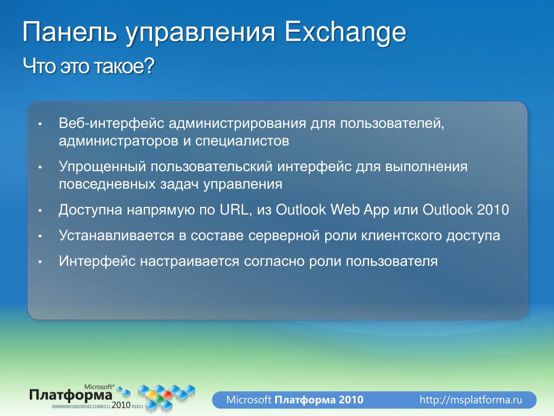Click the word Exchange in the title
[x=345, y=32]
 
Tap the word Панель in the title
[x=69, y=32]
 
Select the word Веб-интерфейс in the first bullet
[x=111, y=123]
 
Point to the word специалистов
[x=242, y=141]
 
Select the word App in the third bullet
[x=376, y=211]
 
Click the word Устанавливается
[x=116, y=236]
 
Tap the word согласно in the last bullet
[x=274, y=262]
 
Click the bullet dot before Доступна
[x=40, y=211]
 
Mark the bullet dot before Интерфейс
[x=40, y=262]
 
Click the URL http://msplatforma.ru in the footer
[x=471, y=400]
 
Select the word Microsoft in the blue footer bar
[x=249, y=400]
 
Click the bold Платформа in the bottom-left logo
[x=71, y=395]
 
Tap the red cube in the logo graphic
[x=166, y=394]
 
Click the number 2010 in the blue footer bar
[x=351, y=400]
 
